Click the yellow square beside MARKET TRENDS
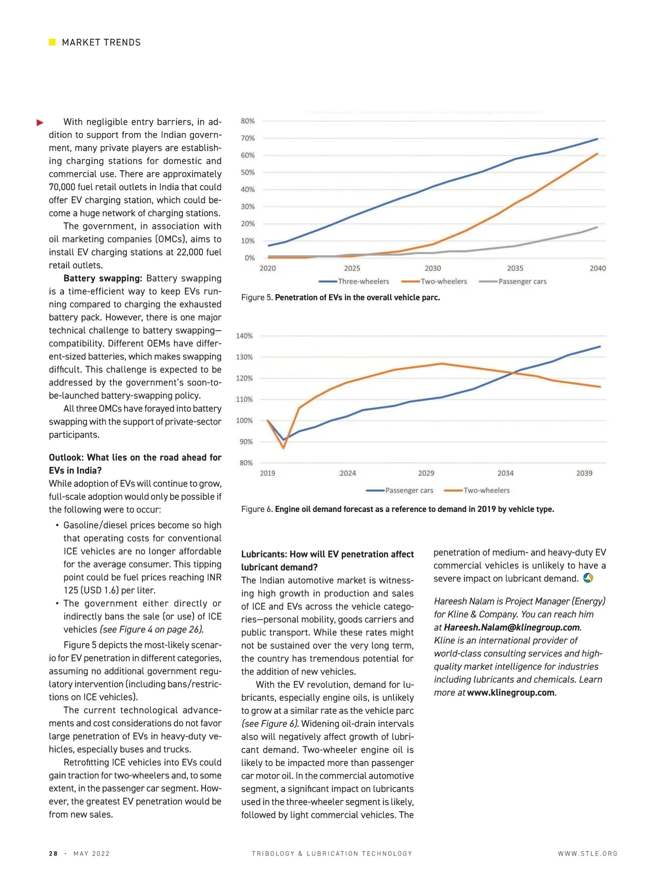point(52,42)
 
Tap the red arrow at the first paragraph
point(40,122)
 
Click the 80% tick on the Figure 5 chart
point(248,121)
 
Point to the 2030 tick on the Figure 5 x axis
point(433,268)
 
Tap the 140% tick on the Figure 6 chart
point(244,336)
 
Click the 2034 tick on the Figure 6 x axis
point(505,473)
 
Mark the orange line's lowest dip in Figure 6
point(284,447)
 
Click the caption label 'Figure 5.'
point(257,298)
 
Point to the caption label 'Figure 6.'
point(257,509)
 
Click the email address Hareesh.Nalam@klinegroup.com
point(511,627)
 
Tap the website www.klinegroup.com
point(510,693)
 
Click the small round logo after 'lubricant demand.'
point(588,578)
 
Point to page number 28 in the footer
point(53,853)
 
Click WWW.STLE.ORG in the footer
point(587,853)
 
